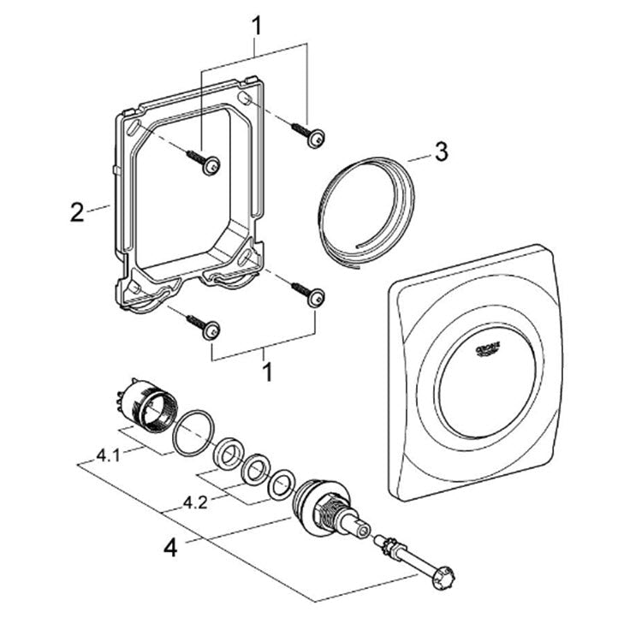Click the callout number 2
[77, 211]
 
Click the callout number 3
[440, 153]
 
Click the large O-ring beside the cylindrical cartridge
[189, 431]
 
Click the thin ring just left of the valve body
[278, 486]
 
